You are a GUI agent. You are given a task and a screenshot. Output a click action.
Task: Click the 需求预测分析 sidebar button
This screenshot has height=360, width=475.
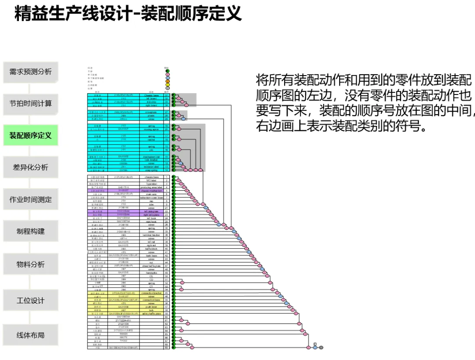tap(31, 72)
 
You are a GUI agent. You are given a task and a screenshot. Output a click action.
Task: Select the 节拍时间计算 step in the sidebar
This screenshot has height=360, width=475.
tap(31, 104)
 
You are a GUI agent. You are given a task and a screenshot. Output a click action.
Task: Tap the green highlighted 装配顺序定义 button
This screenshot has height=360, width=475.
tap(31, 135)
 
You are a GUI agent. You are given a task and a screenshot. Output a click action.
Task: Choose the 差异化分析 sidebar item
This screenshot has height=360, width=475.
tap(31, 167)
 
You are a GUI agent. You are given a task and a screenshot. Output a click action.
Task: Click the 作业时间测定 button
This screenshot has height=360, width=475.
tap(31, 200)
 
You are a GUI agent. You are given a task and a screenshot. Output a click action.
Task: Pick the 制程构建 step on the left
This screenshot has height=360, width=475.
tap(31, 231)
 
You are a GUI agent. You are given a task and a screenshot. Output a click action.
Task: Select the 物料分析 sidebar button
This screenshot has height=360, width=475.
tap(31, 265)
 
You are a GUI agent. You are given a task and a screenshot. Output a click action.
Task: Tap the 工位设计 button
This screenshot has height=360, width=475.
tap(31, 301)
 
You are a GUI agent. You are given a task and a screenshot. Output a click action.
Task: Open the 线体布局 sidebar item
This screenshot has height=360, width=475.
tap(31, 335)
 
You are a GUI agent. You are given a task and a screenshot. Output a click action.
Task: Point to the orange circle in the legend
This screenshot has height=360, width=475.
tap(167, 81)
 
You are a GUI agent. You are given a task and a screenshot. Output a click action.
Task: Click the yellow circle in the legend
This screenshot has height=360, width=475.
tap(167, 85)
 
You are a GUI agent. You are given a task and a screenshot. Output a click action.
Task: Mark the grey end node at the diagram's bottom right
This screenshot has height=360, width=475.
tap(321, 348)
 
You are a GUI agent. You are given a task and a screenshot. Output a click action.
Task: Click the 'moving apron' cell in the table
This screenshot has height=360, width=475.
tap(151, 129)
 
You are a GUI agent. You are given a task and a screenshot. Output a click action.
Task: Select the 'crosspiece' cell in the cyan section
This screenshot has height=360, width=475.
tap(151, 112)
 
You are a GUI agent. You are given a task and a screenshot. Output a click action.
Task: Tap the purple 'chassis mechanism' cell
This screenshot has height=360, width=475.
tap(151, 191)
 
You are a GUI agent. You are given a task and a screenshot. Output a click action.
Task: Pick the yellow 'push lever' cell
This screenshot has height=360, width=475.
tap(151, 307)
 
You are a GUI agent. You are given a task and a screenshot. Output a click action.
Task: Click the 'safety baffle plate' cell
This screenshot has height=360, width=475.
tap(151, 313)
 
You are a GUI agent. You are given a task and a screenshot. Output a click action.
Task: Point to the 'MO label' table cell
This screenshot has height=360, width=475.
tap(151, 180)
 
